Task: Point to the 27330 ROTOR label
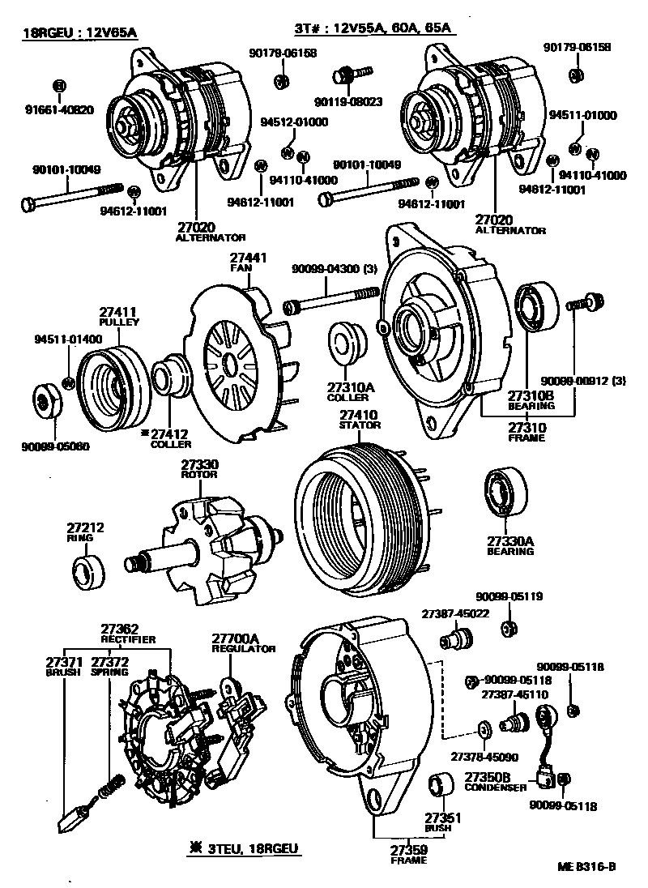click(x=198, y=469)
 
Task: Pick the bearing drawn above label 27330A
click(x=506, y=491)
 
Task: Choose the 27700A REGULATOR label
click(x=244, y=643)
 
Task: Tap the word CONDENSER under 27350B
click(x=495, y=787)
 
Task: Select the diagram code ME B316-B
click(x=586, y=866)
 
